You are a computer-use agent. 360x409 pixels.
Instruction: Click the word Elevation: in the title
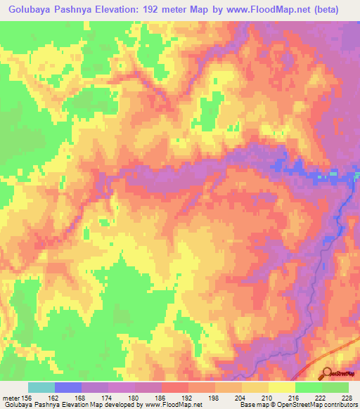coord(142,10)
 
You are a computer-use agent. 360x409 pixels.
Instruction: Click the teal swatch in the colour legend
coord(41,387)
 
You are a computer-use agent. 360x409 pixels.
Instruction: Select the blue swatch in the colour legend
coord(67,387)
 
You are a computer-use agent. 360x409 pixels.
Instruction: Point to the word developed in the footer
coord(124,405)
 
